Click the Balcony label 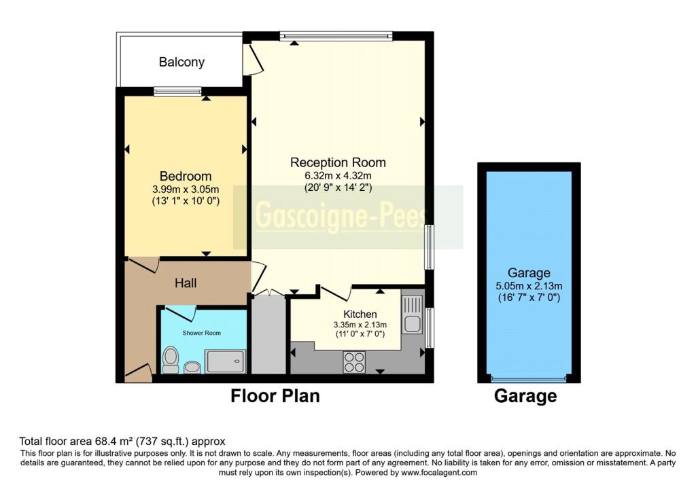tap(181, 62)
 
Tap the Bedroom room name tap(186, 176)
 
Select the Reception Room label tap(338, 162)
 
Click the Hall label tap(186, 283)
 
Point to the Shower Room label tap(201, 333)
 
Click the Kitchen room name tap(360, 314)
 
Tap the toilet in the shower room tap(171, 359)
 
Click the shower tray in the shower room tap(225, 361)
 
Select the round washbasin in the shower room tap(192, 367)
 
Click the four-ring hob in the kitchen tap(354, 361)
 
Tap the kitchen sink tap(413, 314)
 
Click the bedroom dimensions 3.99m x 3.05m tap(186, 190)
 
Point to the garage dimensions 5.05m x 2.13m tap(529, 286)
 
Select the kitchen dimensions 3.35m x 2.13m tap(360, 325)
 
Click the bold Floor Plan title tap(275, 396)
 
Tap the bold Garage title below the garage tap(525, 396)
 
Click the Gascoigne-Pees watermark tap(341, 217)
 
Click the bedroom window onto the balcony tap(177, 92)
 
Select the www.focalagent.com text tap(439, 473)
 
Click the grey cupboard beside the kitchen tap(268, 334)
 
